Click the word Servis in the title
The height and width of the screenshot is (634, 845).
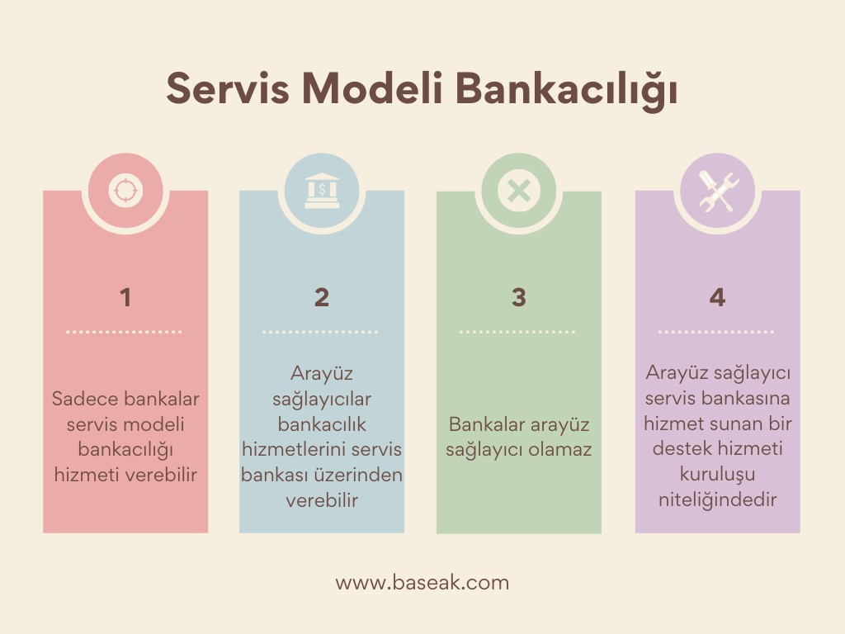228,88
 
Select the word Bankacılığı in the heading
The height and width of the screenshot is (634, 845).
567,90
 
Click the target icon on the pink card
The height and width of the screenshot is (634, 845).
125,191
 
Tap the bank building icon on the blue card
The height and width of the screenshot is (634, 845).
322,191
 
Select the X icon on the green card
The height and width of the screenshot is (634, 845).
519,191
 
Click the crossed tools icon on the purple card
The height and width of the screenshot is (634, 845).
718,191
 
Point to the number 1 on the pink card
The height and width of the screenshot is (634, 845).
125,297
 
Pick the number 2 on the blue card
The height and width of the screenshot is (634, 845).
322,297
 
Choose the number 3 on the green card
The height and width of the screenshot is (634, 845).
519,297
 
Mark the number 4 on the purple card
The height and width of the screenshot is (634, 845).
717,297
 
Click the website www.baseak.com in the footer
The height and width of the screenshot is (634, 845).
422,583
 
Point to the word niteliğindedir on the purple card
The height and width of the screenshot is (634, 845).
718,500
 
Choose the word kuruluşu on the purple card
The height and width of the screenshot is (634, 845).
717,475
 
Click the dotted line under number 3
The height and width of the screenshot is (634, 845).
517,332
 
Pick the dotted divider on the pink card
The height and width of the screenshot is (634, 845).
124,332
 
